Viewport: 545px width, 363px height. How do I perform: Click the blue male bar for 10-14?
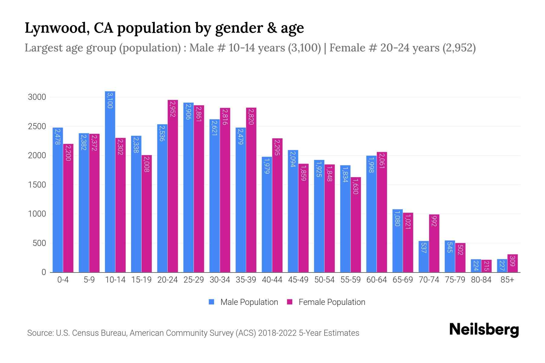[x=110, y=181]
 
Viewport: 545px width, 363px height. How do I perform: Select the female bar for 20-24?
[x=173, y=186]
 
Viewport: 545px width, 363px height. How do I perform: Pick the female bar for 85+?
[x=512, y=263]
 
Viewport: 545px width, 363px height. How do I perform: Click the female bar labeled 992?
[x=434, y=243]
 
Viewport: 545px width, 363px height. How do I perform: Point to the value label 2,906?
[x=188, y=112]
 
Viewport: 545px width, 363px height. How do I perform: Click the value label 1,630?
[x=355, y=186]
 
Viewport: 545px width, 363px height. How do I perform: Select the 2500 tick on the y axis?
[x=37, y=126]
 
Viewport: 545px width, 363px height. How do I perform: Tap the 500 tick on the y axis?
[x=39, y=243]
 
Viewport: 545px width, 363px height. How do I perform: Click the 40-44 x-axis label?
[x=272, y=280]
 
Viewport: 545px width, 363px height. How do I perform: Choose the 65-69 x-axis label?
[x=402, y=280]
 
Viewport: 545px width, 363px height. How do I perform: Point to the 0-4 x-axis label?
[x=63, y=280]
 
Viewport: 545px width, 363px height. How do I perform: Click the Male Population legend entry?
[x=249, y=302]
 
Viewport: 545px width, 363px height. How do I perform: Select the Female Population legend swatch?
[x=290, y=302]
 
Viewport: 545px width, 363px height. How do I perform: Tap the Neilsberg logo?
[x=484, y=330]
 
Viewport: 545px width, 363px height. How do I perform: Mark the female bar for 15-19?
[x=147, y=214]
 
